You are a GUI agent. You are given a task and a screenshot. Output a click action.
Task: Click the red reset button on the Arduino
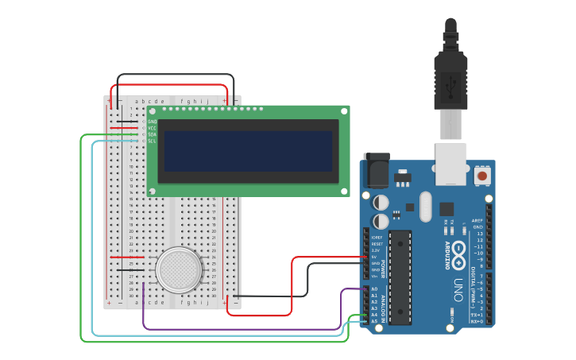[481, 174]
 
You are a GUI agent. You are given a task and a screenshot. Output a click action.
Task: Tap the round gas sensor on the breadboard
[179, 269]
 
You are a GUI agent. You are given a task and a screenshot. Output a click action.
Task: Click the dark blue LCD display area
[248, 151]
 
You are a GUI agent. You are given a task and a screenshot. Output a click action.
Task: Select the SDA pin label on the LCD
[152, 134]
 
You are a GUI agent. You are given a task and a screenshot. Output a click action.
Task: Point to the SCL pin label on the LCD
[152, 141]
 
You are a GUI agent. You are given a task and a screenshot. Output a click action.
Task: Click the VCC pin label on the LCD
[152, 128]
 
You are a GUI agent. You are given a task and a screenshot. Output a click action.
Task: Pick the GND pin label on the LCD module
[152, 122]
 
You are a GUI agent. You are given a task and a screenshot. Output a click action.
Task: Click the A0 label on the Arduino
[374, 289]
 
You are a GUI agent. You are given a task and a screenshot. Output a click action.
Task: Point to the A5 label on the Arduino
[374, 321]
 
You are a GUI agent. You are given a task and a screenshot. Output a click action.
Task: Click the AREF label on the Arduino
[477, 221]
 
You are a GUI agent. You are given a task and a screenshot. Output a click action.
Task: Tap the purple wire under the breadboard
[238, 328]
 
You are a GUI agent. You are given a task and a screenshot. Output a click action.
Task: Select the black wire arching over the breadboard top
[175, 75]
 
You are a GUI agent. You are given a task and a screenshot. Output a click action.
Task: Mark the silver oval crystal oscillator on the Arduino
[426, 207]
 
